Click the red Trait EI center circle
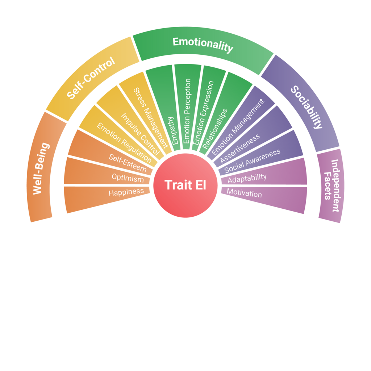185,185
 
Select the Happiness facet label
126,192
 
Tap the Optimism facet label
128,178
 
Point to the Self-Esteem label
128,163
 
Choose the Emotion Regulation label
124,143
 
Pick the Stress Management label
151,118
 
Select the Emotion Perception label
187,111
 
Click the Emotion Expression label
204,113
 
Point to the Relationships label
215,129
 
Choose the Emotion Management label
238,127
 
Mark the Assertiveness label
240,149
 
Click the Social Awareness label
252,161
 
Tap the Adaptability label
247,178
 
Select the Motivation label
245,193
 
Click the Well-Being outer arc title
41,168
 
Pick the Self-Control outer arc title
91,78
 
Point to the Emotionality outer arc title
203,45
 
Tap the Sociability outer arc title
307,107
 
